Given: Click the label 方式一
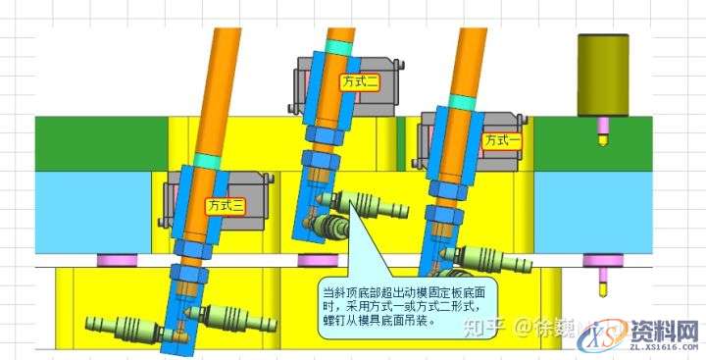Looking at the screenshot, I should tap(501, 140).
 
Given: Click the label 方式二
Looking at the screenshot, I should tap(361, 82).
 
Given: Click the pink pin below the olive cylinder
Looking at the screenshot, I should tap(603, 125).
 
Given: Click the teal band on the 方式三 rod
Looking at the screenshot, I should tap(208, 160).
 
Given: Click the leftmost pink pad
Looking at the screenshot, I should tap(110, 260).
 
